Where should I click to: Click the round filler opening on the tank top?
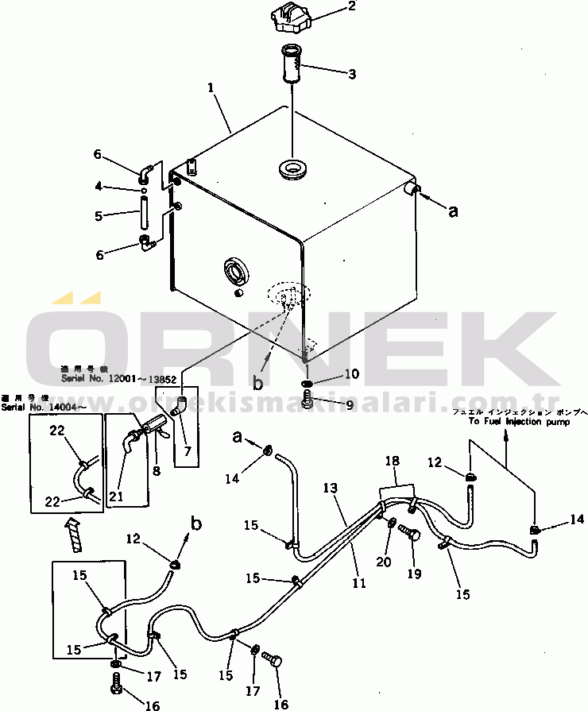click(x=293, y=168)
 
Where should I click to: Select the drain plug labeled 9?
click(x=307, y=403)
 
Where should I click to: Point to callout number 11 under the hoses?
click(x=359, y=582)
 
